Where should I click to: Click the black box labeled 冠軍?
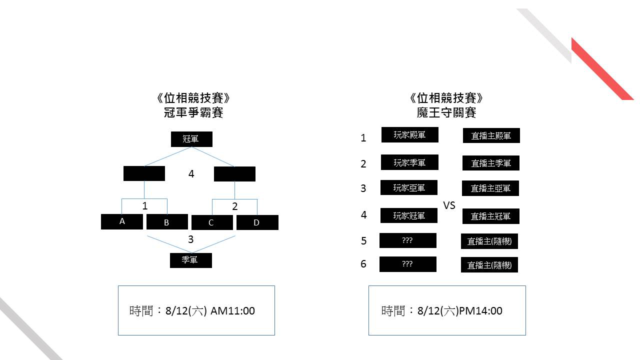point(191,139)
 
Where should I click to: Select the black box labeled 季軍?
point(191,260)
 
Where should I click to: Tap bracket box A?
point(121,221)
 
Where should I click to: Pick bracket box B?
point(167,221)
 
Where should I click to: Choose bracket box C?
point(212,222)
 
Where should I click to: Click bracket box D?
point(257,222)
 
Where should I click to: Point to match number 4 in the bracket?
point(191,173)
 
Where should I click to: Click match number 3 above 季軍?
point(190,239)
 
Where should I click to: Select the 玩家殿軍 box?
point(409,134)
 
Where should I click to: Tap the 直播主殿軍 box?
point(491,135)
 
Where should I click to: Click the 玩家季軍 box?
point(409,162)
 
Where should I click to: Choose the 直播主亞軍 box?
point(490,188)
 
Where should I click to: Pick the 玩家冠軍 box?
point(409,215)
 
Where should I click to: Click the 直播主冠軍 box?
point(491,216)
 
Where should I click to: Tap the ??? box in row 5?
point(407,240)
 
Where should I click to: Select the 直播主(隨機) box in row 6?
point(489,264)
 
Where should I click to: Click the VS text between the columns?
point(449,205)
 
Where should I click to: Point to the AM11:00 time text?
point(232,310)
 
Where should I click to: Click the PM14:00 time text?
point(480,310)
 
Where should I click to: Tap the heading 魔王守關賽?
point(446,112)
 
